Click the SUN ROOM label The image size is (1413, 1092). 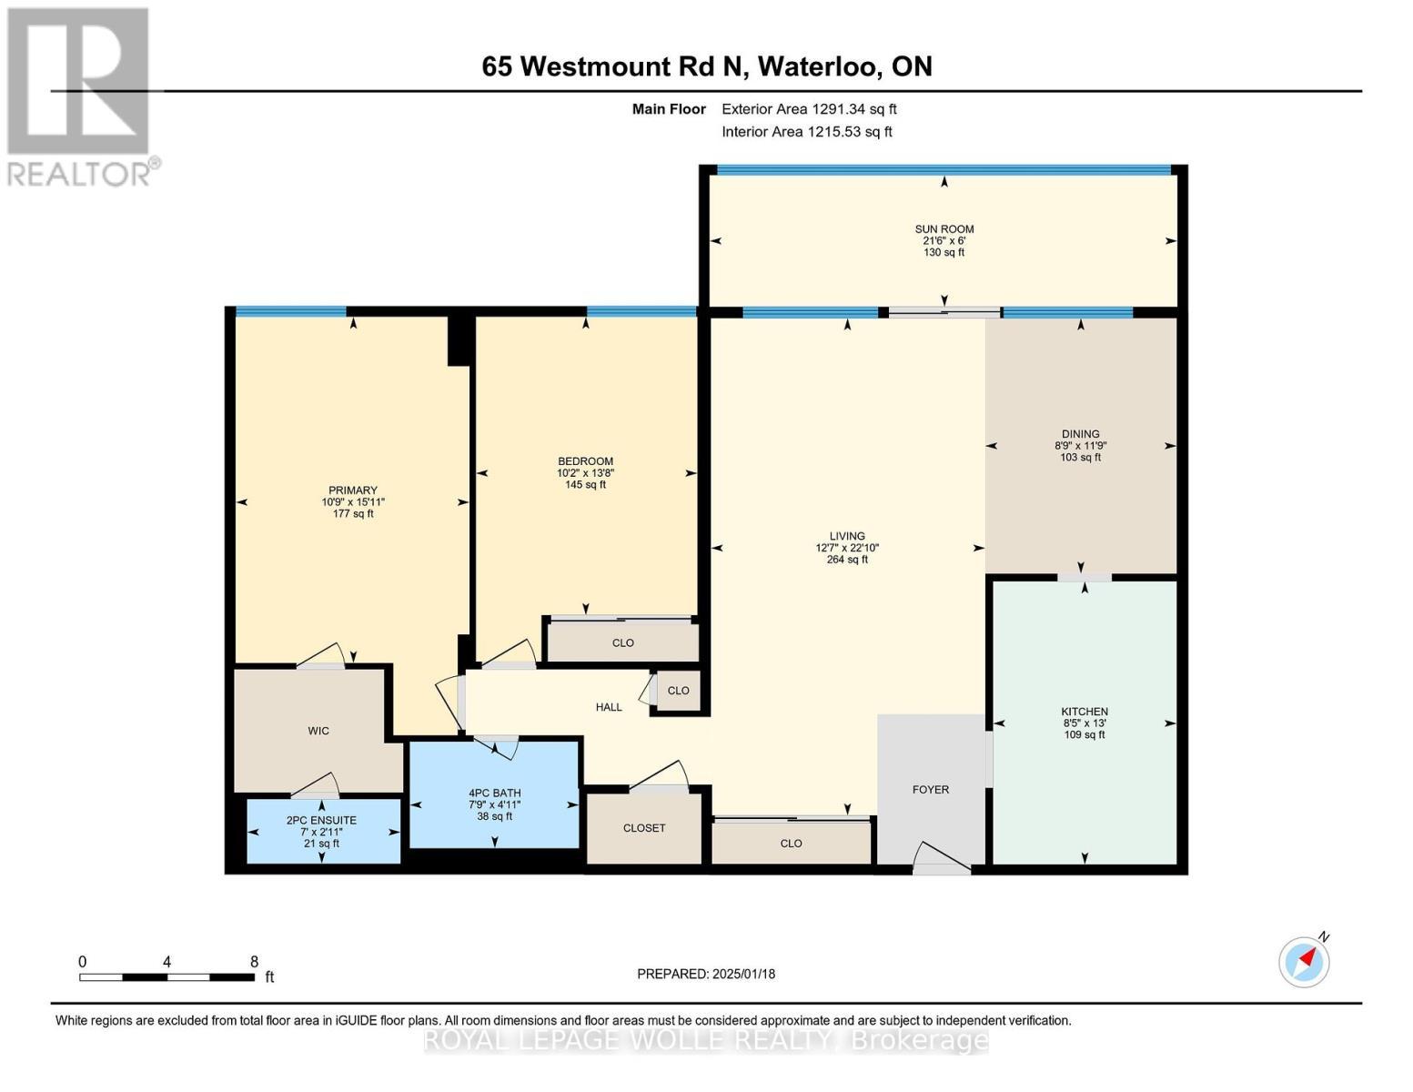944,229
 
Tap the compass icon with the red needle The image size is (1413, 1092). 1304,962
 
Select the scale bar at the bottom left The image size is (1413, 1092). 167,977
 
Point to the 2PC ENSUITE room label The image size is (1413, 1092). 321,820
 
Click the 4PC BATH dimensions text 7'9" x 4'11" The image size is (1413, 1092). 494,804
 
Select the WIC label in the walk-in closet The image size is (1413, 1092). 318,731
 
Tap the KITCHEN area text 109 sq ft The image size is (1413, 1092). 1084,734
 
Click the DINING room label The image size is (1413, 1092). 1080,434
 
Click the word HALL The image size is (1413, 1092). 609,707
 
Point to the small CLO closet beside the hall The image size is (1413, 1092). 678,691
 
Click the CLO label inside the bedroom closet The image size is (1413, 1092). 622,642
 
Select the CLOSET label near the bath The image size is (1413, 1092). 643,828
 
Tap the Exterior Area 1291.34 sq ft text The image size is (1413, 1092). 809,109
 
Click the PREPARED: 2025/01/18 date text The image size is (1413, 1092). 705,974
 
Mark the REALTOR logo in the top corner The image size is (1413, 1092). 80,96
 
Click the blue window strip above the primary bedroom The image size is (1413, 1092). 290,312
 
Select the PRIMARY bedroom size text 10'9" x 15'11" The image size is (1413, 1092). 353,502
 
